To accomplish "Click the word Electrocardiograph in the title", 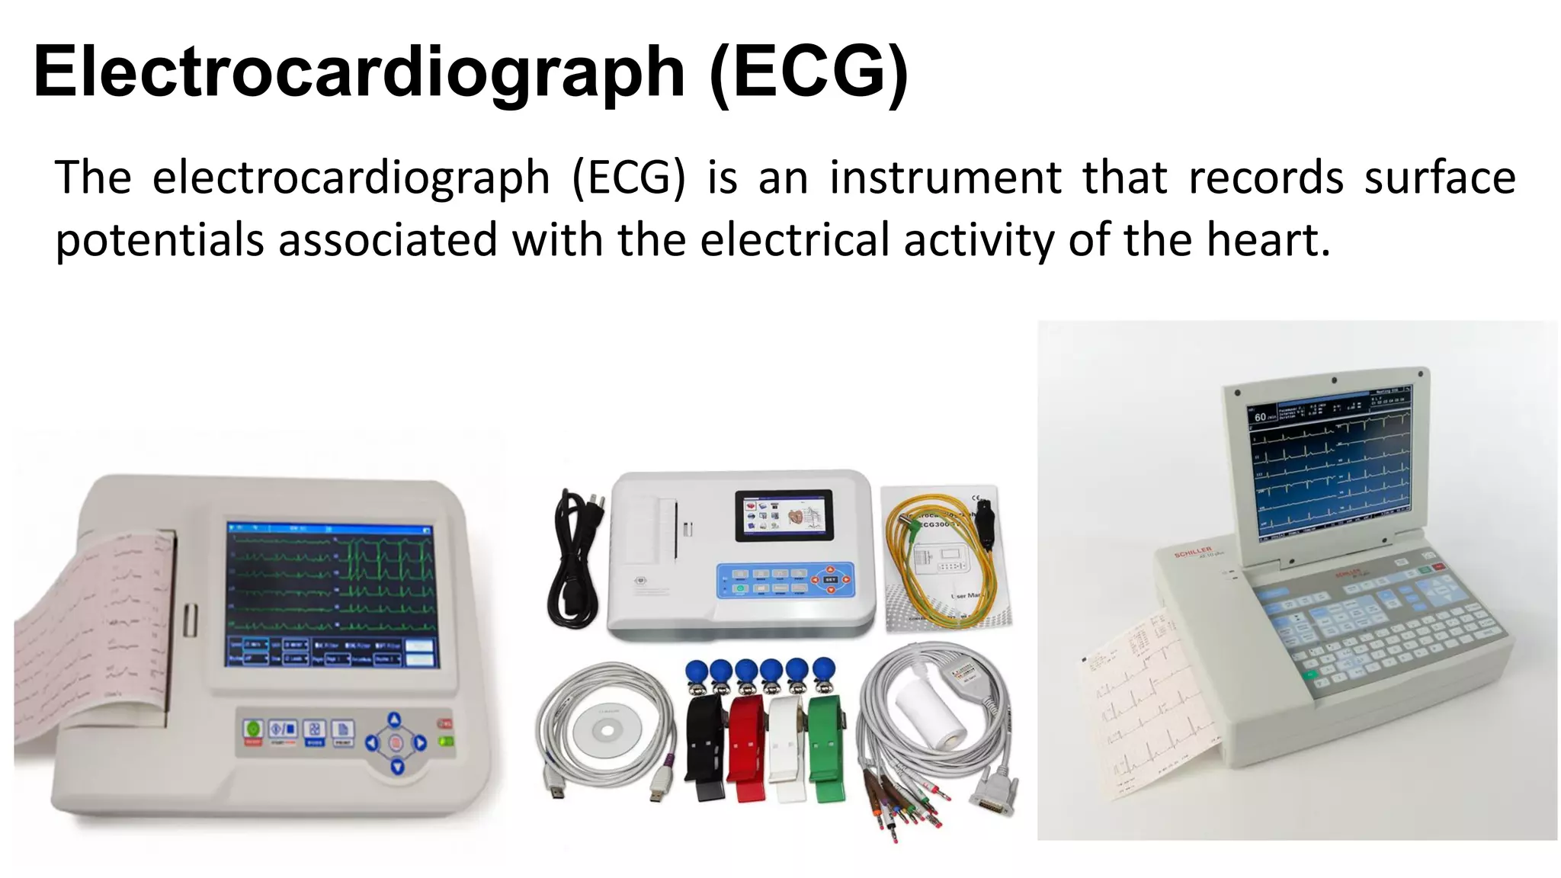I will tap(358, 72).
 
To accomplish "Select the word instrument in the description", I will tap(945, 178).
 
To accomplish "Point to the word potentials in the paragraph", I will tap(159, 241).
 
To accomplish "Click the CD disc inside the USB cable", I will tap(607, 729).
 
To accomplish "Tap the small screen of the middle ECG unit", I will tap(784, 515).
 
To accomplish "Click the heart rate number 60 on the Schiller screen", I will tap(1259, 417).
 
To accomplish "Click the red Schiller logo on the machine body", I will tap(1193, 551).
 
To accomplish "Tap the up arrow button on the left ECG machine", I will tap(394, 719).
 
